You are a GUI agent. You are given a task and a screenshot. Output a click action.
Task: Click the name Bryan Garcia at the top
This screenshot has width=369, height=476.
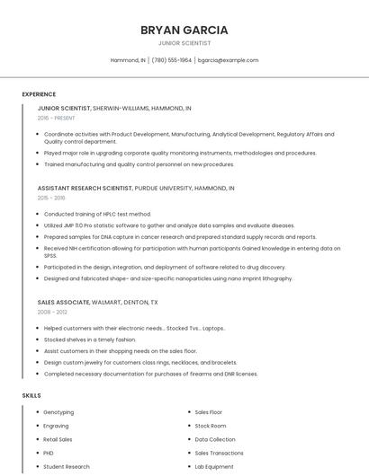(184, 30)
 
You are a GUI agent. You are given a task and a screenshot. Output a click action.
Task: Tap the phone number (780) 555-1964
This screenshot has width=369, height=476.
(172, 60)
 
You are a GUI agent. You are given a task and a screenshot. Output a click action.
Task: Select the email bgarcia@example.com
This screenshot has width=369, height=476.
(228, 60)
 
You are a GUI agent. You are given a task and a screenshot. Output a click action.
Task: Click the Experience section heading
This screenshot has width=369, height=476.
(39, 94)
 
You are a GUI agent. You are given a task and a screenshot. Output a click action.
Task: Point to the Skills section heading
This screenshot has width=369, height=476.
(31, 395)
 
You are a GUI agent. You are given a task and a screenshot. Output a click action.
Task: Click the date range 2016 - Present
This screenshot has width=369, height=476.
(56, 118)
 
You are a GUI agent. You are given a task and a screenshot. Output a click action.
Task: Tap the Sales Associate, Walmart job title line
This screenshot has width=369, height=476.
(97, 303)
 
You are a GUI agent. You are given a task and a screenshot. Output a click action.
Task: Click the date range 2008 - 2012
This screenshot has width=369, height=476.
(52, 313)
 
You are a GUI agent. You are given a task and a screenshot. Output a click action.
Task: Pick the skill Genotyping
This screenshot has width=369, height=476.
(58, 412)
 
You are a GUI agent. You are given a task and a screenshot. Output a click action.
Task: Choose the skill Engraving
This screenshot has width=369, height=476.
(56, 426)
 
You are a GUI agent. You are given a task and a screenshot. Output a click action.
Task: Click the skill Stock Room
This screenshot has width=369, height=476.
(211, 426)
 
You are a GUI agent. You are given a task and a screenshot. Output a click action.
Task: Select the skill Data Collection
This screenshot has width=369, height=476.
(215, 439)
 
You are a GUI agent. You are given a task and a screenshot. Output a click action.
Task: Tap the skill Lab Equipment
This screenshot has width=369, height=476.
(214, 466)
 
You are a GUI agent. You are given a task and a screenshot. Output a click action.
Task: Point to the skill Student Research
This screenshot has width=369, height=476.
(67, 466)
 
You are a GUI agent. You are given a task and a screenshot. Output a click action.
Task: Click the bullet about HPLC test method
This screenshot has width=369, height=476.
(97, 214)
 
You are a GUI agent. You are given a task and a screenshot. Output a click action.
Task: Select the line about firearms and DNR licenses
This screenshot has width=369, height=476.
(150, 374)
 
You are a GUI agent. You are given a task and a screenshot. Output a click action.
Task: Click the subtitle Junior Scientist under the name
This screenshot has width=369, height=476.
(184, 43)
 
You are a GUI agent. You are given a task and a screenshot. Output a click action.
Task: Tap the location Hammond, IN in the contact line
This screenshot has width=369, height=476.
(128, 60)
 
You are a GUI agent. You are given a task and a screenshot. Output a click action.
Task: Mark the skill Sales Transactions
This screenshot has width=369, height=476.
(219, 453)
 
